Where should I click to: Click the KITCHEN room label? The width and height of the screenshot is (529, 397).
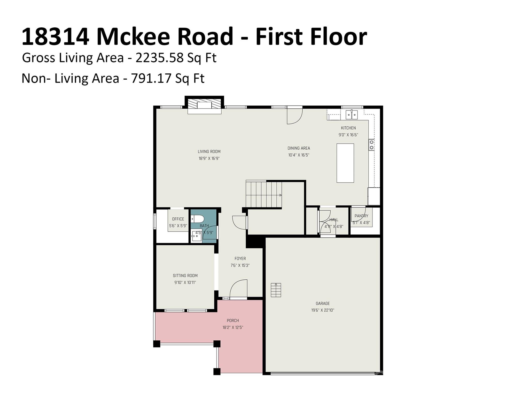(x=348, y=128)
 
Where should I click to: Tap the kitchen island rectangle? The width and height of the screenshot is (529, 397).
(x=345, y=163)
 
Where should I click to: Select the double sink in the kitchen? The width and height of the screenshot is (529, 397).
(x=351, y=114)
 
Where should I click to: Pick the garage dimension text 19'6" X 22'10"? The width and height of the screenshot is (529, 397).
(x=323, y=310)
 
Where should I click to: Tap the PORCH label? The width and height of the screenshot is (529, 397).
(x=233, y=320)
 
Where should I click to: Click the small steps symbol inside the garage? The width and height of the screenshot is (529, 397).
(x=276, y=290)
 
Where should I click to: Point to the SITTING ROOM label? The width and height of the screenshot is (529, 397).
(x=185, y=276)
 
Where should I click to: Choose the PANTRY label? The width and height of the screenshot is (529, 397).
(x=361, y=216)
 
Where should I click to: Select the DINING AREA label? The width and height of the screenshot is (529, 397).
(x=299, y=148)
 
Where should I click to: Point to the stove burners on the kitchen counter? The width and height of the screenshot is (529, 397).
(x=371, y=145)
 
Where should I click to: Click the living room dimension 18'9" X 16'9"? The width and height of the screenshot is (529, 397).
(x=209, y=158)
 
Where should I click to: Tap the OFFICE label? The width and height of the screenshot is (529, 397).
(x=178, y=219)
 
